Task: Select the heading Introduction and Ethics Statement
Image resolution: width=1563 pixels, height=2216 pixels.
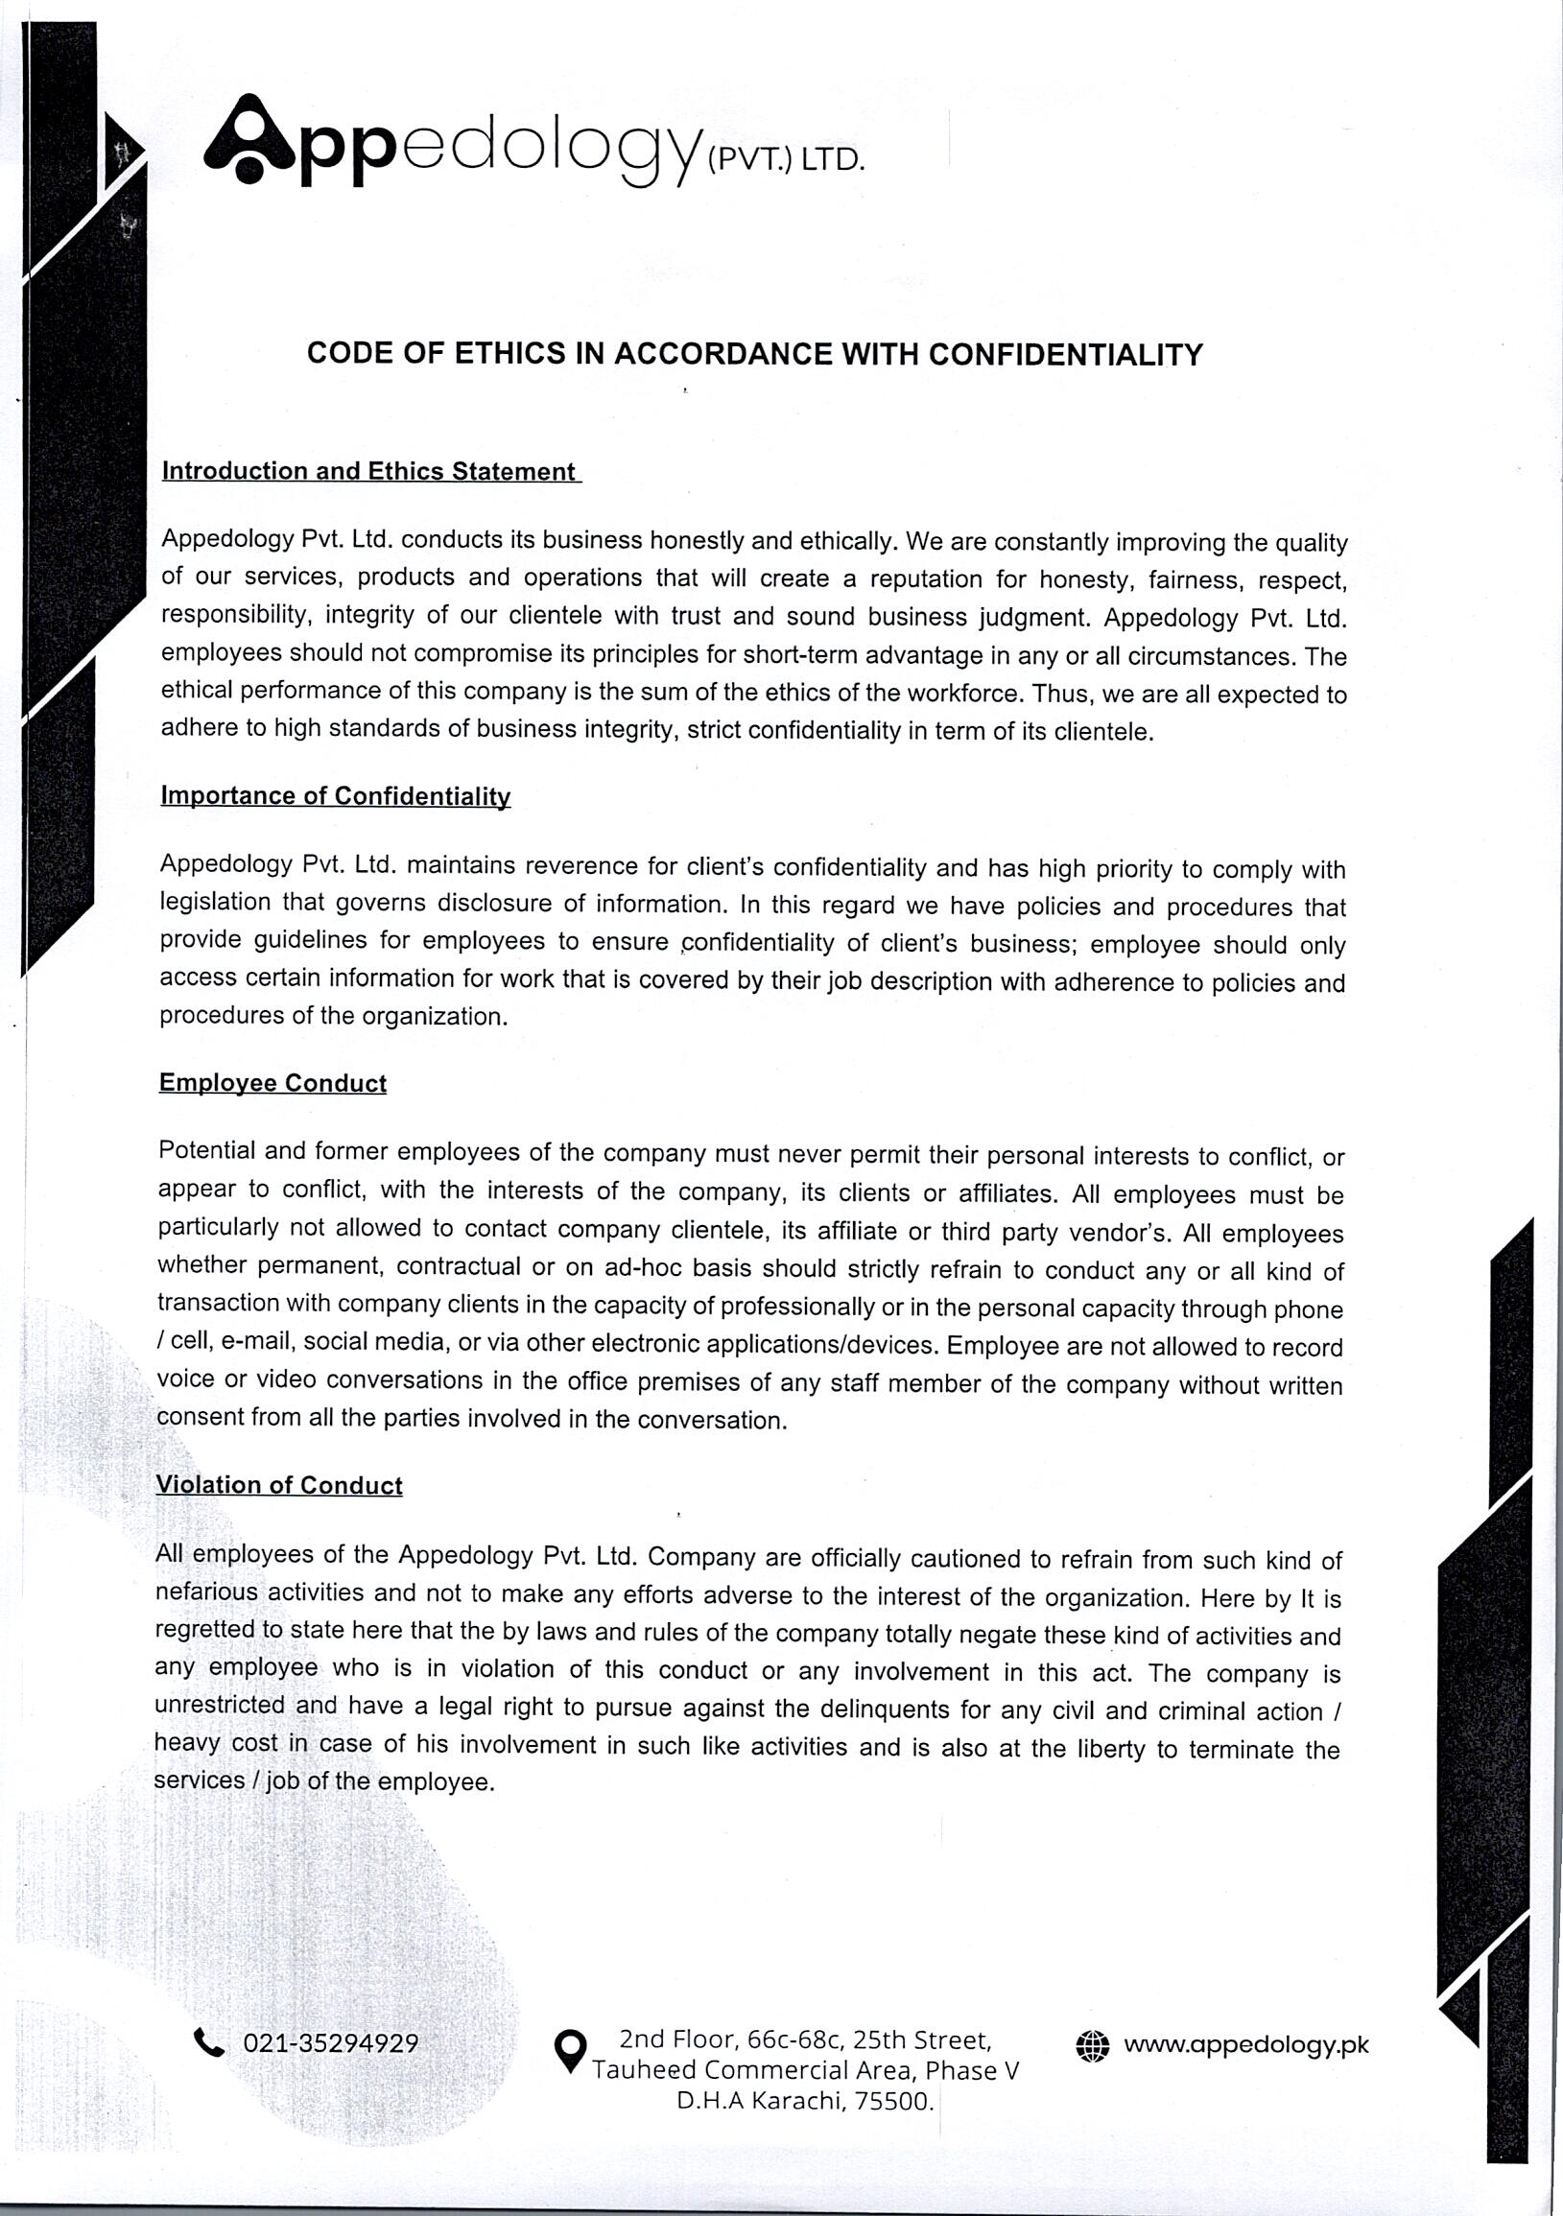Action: click(x=368, y=471)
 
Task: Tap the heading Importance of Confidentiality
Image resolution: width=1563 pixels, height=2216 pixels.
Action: click(x=335, y=795)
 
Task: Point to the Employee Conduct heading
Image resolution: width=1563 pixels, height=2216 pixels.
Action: click(x=272, y=1083)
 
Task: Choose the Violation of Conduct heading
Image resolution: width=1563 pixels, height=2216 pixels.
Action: click(x=278, y=1484)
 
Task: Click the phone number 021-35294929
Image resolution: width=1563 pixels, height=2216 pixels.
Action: click(x=330, y=2043)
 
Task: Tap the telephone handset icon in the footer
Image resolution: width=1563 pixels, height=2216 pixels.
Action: click(x=208, y=2042)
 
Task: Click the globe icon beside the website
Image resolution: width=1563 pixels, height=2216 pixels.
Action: click(x=1092, y=2046)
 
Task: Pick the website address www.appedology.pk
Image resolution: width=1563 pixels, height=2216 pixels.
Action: click(x=1245, y=2044)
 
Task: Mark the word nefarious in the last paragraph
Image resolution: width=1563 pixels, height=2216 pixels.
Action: click(x=206, y=1591)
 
